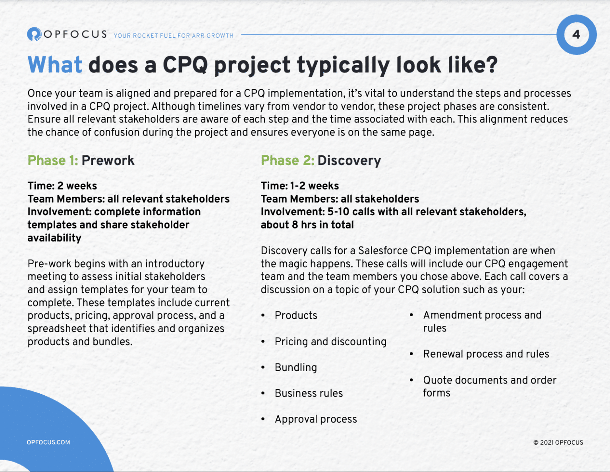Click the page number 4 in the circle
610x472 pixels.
(x=576, y=35)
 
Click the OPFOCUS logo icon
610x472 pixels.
(x=34, y=34)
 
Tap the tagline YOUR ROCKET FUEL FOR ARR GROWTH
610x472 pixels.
(x=174, y=36)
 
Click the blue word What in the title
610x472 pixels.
(x=55, y=65)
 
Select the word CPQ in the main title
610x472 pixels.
(x=185, y=65)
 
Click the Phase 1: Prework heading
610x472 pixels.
(x=81, y=161)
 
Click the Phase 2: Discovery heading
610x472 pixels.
(x=321, y=161)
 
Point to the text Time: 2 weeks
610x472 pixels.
(x=62, y=186)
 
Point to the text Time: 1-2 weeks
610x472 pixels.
(x=300, y=186)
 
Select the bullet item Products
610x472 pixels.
(x=296, y=315)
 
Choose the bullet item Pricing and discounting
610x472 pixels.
(x=330, y=342)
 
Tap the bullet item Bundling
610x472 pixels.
(x=296, y=368)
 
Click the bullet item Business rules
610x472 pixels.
(x=309, y=393)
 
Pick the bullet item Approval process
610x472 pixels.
(x=316, y=419)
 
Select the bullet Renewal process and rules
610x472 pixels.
(x=486, y=354)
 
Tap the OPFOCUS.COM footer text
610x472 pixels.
(x=48, y=442)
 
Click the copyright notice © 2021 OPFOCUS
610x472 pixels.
(x=558, y=443)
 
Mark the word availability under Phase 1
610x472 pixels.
(x=54, y=238)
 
